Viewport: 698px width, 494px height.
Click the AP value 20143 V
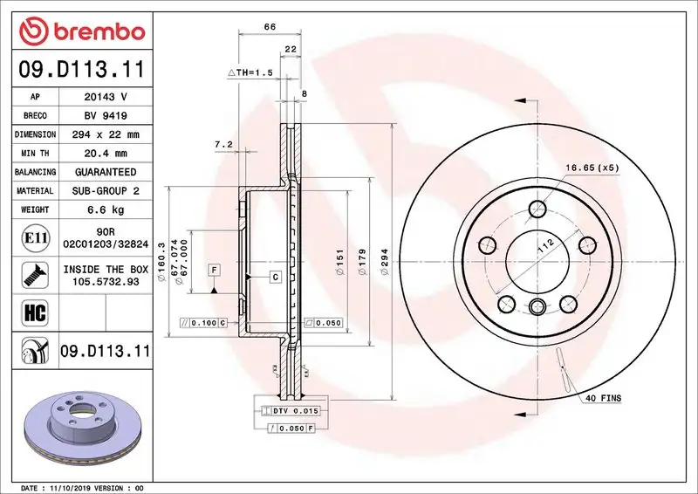(105, 97)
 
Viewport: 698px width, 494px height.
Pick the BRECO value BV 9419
(105, 115)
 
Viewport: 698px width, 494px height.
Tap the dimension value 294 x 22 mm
(105, 134)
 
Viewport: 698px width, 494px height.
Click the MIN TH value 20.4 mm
(105, 153)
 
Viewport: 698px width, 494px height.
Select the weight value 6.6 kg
(105, 209)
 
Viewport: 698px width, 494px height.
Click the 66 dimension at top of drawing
(270, 27)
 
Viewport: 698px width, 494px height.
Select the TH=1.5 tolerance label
(251, 72)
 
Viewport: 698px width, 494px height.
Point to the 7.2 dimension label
(223, 144)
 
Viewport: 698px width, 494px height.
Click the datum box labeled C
(274, 277)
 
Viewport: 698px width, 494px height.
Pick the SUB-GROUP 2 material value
(105, 190)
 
